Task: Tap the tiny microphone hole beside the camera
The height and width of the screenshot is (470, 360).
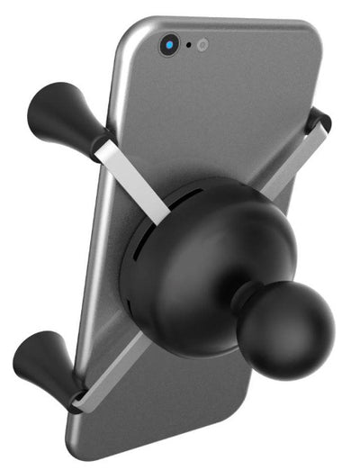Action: click(188, 44)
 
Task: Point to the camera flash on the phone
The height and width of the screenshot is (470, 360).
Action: click(202, 43)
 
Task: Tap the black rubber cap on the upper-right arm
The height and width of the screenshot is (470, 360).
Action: click(317, 121)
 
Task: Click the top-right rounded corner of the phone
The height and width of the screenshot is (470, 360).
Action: click(306, 36)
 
